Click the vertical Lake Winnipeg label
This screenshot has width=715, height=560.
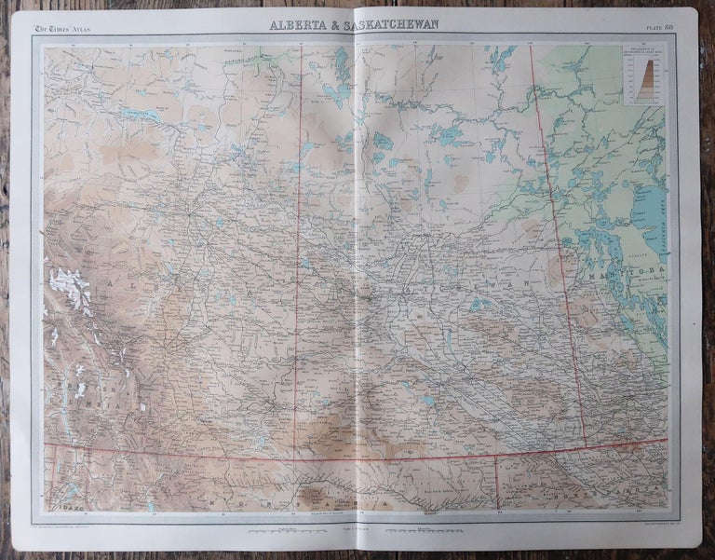[666, 219]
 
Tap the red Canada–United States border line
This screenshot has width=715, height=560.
[372, 458]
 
